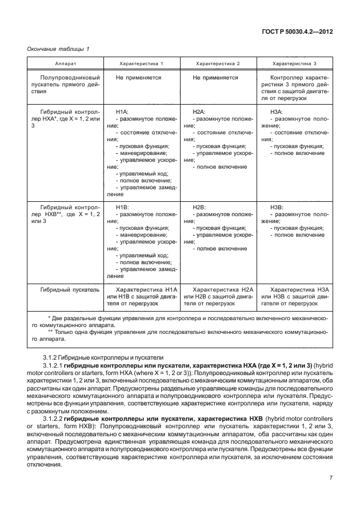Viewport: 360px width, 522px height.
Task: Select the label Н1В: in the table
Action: pyautogui.click(x=122, y=206)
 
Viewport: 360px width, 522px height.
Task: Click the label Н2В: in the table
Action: pyautogui.click(x=199, y=206)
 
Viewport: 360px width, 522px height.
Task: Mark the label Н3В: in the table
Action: pyautogui.click(x=276, y=206)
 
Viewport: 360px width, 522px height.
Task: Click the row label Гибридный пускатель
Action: pyautogui.click(x=66, y=290)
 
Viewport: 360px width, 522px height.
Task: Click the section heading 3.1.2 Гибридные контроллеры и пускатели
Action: pyautogui.click(x=98, y=356)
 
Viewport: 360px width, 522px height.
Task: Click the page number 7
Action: pyautogui.click(x=331, y=477)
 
